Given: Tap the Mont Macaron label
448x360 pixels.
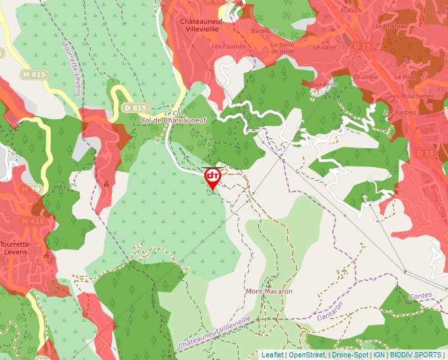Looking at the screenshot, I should tap(269, 291).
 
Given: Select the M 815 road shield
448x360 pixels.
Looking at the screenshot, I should tap(34, 74).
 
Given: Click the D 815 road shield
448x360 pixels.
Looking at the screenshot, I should tap(135, 108).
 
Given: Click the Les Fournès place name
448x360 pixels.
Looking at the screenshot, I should tap(228, 46).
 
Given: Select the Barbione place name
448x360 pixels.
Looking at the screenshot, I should tap(264, 31).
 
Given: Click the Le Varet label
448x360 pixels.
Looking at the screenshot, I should tap(324, 47).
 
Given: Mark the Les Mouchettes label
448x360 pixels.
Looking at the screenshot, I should tap(411, 96).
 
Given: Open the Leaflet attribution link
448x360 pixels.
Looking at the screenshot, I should tap(272, 355).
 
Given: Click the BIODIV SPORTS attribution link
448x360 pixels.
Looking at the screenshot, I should tap(415, 355).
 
